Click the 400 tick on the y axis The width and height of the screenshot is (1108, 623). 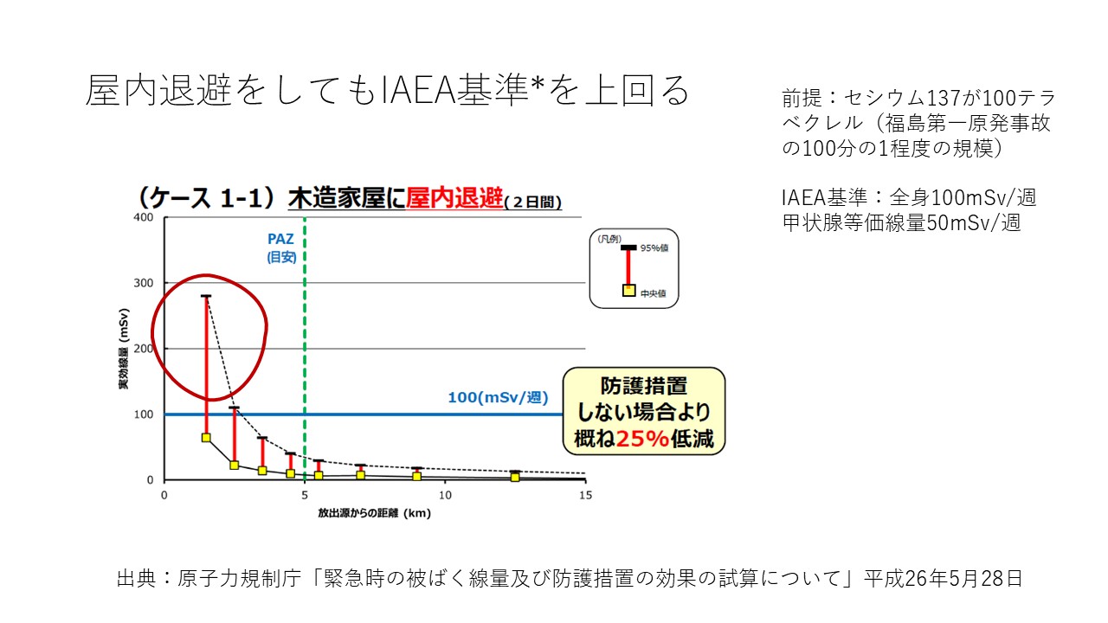pyautogui.click(x=144, y=217)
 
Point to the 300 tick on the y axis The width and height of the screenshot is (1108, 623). pyautogui.click(x=144, y=283)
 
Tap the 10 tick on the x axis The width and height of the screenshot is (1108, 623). pyautogui.click(x=445, y=496)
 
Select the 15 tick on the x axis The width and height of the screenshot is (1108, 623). pyautogui.click(x=586, y=496)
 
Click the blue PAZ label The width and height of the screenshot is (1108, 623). pyautogui.click(x=280, y=240)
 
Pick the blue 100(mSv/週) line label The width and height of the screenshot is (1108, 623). pyautogui.click(x=498, y=397)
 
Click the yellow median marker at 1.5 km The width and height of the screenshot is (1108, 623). pyautogui.click(x=206, y=438)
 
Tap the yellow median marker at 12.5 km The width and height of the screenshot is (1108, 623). pyautogui.click(x=515, y=477)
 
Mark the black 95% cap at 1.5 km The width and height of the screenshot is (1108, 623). pyautogui.click(x=206, y=296)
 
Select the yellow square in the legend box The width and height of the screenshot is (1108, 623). pyautogui.click(x=628, y=290)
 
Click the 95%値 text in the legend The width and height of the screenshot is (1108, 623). pyautogui.click(x=654, y=248)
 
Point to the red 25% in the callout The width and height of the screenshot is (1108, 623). pyautogui.click(x=642, y=439)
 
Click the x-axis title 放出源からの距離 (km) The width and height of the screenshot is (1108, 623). pyautogui.click(x=375, y=513)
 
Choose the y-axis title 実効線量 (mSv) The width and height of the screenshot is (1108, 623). pyautogui.click(x=123, y=349)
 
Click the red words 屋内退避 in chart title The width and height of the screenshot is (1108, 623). pyautogui.click(x=454, y=199)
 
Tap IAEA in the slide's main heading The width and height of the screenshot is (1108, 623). pyautogui.click(x=419, y=91)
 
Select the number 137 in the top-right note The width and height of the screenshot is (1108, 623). pyautogui.click(x=943, y=98)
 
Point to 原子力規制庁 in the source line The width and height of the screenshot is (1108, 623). pyautogui.click(x=240, y=579)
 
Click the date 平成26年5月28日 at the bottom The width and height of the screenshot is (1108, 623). pyautogui.click(x=944, y=579)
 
